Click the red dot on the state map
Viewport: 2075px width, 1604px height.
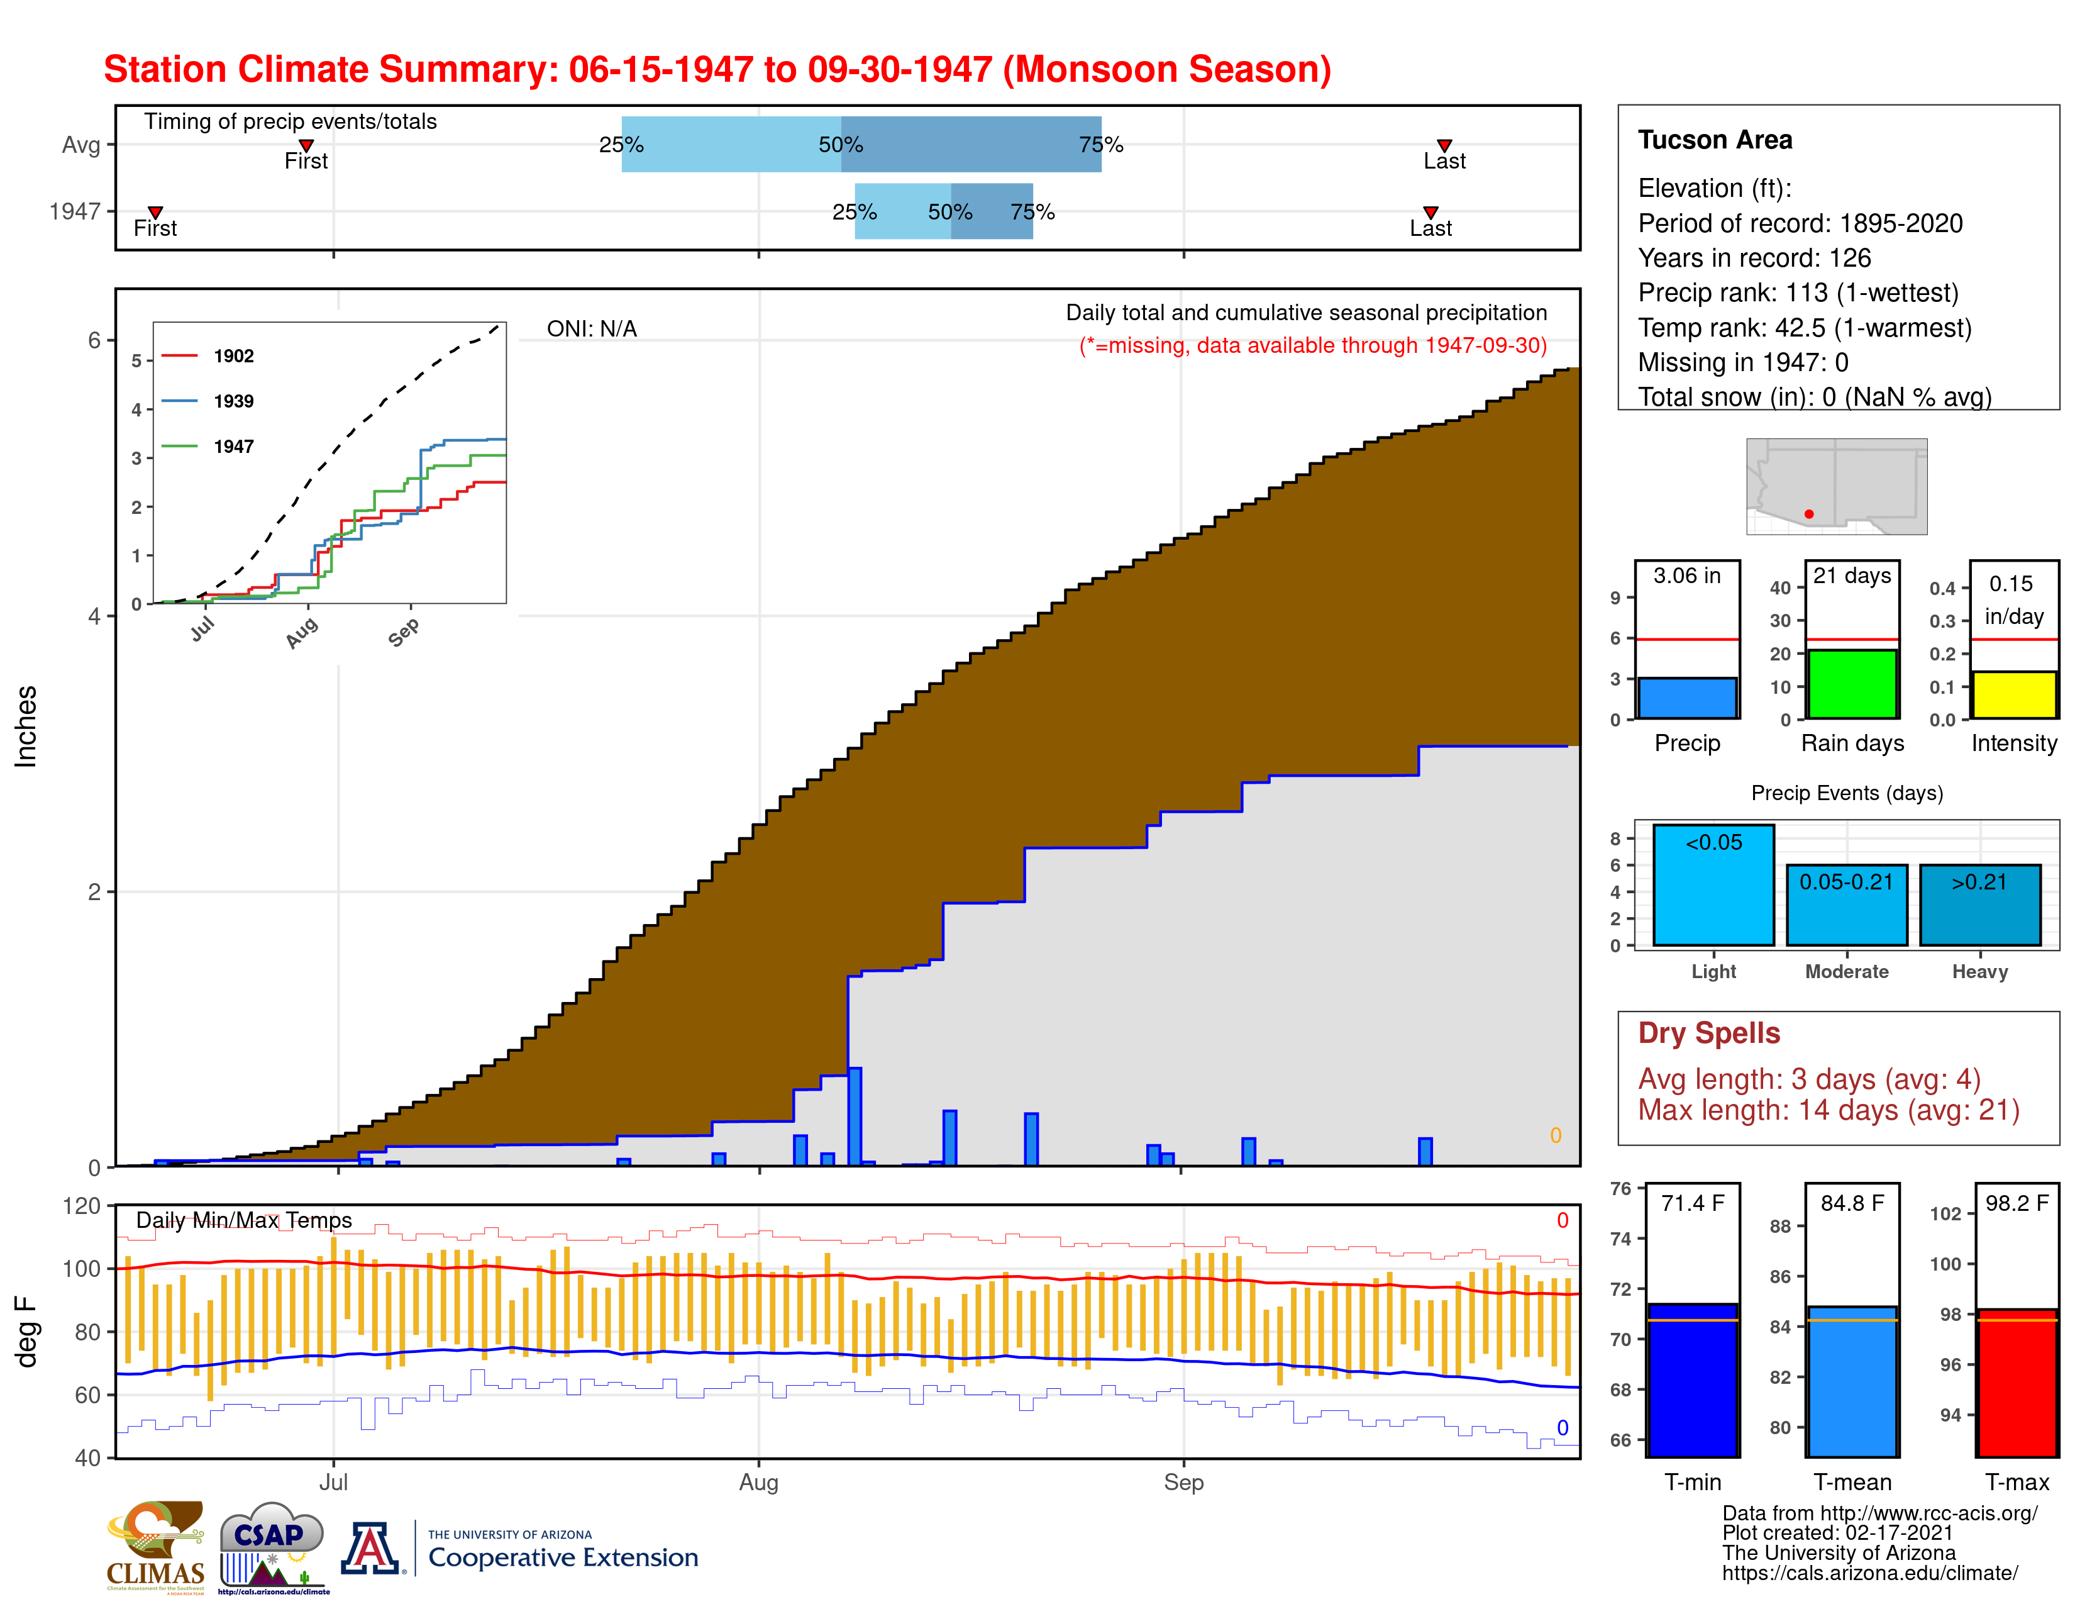(x=1808, y=514)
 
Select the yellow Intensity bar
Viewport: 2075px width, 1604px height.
(x=2013, y=694)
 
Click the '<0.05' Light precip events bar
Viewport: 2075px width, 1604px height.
(x=1713, y=886)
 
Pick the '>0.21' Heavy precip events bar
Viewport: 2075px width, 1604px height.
(x=1979, y=906)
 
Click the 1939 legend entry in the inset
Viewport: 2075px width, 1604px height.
(x=233, y=401)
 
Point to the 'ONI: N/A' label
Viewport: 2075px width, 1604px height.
(x=591, y=329)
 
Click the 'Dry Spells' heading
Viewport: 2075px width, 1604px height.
(x=1708, y=1033)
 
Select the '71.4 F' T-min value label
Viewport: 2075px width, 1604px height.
(x=1692, y=1203)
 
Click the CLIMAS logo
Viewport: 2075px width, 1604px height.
(x=155, y=1546)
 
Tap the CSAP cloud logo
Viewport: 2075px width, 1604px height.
(x=272, y=1544)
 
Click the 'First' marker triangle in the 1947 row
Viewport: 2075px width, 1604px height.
(x=155, y=212)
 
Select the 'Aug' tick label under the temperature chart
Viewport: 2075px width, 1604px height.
(x=758, y=1481)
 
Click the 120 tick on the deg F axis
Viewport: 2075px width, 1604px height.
(x=82, y=1206)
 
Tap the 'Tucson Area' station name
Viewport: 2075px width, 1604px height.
(x=1714, y=140)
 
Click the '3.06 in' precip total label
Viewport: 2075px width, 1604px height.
(x=1686, y=576)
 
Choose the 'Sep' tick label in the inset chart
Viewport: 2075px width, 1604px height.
(x=404, y=632)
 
